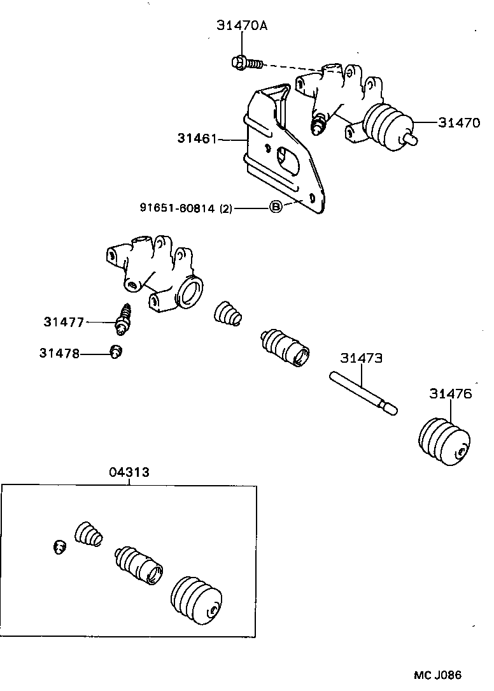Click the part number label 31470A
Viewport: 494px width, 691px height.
click(241, 25)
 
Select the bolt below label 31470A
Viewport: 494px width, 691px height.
click(246, 62)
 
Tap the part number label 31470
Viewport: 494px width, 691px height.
click(458, 124)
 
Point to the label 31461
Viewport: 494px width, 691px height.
click(198, 138)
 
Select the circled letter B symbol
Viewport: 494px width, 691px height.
click(275, 207)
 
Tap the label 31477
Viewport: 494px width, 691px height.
click(64, 322)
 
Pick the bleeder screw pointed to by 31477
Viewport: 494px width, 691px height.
click(124, 317)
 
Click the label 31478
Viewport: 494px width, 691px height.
click(59, 353)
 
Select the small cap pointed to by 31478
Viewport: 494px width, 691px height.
click(116, 351)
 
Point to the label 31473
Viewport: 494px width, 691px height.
click(361, 359)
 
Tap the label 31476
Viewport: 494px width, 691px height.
click(450, 394)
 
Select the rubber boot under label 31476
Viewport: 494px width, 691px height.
click(444, 442)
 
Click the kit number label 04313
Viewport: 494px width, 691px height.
click(129, 472)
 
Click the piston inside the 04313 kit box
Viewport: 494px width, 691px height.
click(138, 564)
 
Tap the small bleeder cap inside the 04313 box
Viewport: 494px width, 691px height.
click(59, 546)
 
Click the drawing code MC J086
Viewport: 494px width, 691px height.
click(437, 675)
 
